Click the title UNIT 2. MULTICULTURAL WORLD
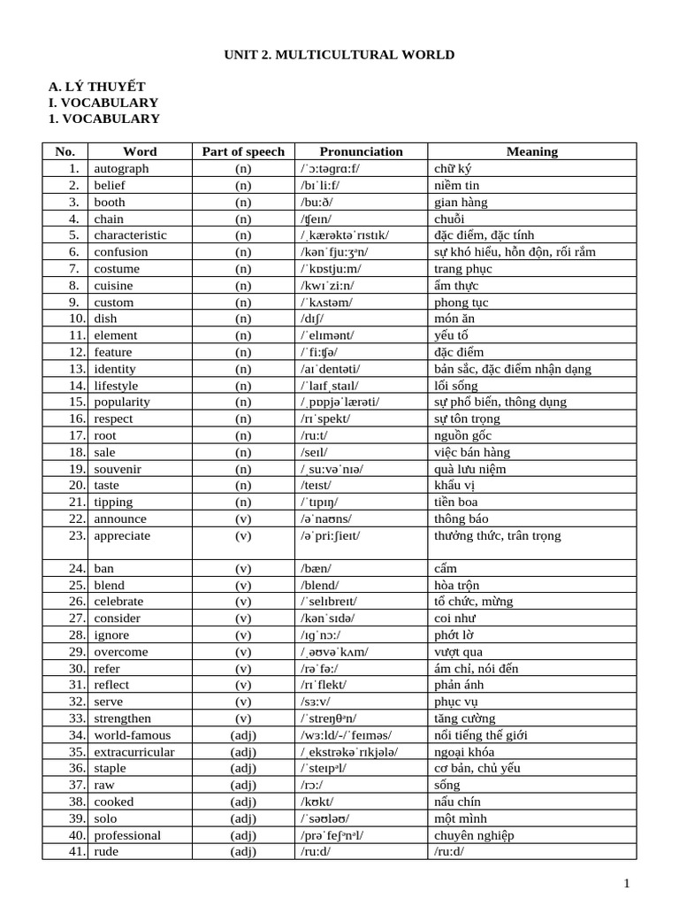pos(339,55)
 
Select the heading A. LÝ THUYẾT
pos(96,86)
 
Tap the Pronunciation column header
pos(361,151)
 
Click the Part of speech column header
pos(243,151)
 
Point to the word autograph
pos(122,168)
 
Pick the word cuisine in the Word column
pos(114,285)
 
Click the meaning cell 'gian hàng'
pos(462,202)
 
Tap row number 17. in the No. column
pos(76,435)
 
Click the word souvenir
pos(118,468)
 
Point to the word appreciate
pos(122,535)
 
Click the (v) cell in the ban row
pos(243,568)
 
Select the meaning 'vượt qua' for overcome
pos(457,651)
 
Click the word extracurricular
pos(134,751)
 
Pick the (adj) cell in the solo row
pos(243,818)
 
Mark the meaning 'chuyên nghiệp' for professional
pos(474,834)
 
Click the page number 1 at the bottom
pos(627,883)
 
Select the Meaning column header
pos(532,151)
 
